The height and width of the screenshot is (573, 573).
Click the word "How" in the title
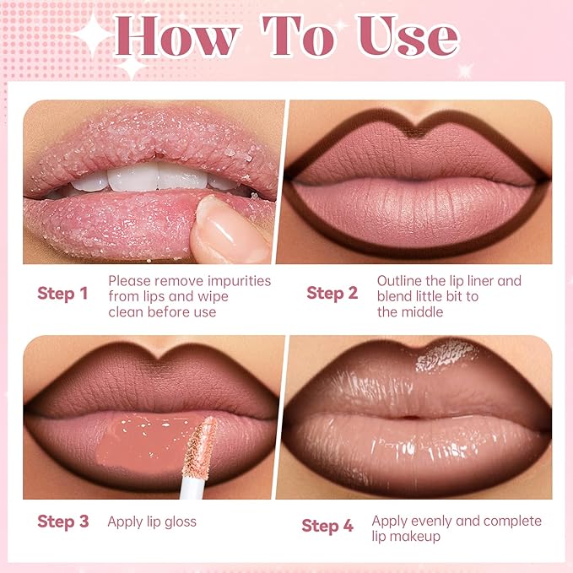pyautogui.click(x=177, y=38)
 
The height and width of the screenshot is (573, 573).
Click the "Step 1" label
pyautogui.click(x=62, y=294)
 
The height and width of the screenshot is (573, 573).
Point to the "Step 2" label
pyautogui.click(x=332, y=294)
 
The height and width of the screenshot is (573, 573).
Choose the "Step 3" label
pyautogui.click(x=62, y=522)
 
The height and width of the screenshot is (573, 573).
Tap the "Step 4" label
pyautogui.click(x=327, y=526)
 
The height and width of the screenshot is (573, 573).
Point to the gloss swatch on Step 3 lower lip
pyautogui.click(x=139, y=443)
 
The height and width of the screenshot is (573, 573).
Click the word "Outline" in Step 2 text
pyautogui.click(x=399, y=281)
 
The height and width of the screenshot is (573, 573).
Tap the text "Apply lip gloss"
pyautogui.click(x=152, y=522)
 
